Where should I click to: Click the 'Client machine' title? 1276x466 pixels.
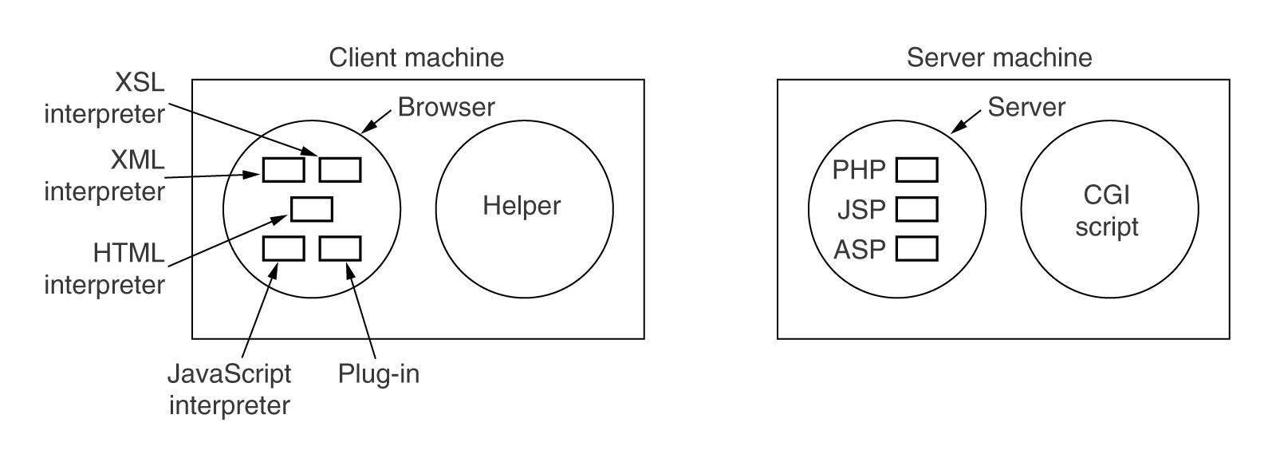click(x=416, y=57)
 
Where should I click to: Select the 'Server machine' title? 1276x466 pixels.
click(x=999, y=57)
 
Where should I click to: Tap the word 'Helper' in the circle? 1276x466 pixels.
click(x=522, y=206)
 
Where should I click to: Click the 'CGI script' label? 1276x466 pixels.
click(x=1106, y=211)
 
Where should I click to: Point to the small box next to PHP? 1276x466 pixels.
click(x=916, y=170)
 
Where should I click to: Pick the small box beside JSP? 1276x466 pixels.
click(x=916, y=209)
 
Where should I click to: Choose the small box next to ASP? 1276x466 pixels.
click(x=916, y=248)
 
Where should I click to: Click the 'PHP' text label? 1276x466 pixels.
click(x=858, y=170)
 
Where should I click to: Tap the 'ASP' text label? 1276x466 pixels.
click(x=860, y=250)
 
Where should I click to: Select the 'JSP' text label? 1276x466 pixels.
click(x=861, y=210)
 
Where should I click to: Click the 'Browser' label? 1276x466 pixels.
click(x=446, y=107)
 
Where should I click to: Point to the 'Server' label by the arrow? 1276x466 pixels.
click(x=1026, y=107)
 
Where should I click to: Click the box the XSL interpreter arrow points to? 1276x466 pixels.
click(x=340, y=170)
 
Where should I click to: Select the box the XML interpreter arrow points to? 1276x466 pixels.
click(x=283, y=170)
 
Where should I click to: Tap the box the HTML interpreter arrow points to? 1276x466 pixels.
click(x=312, y=209)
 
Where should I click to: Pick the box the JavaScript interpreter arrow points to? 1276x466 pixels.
click(x=283, y=248)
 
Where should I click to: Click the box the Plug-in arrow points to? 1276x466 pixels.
click(x=340, y=248)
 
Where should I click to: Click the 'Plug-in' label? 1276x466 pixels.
click(x=378, y=374)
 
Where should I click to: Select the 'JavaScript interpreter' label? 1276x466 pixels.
click(x=229, y=389)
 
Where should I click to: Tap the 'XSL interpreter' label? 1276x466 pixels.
click(x=104, y=98)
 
